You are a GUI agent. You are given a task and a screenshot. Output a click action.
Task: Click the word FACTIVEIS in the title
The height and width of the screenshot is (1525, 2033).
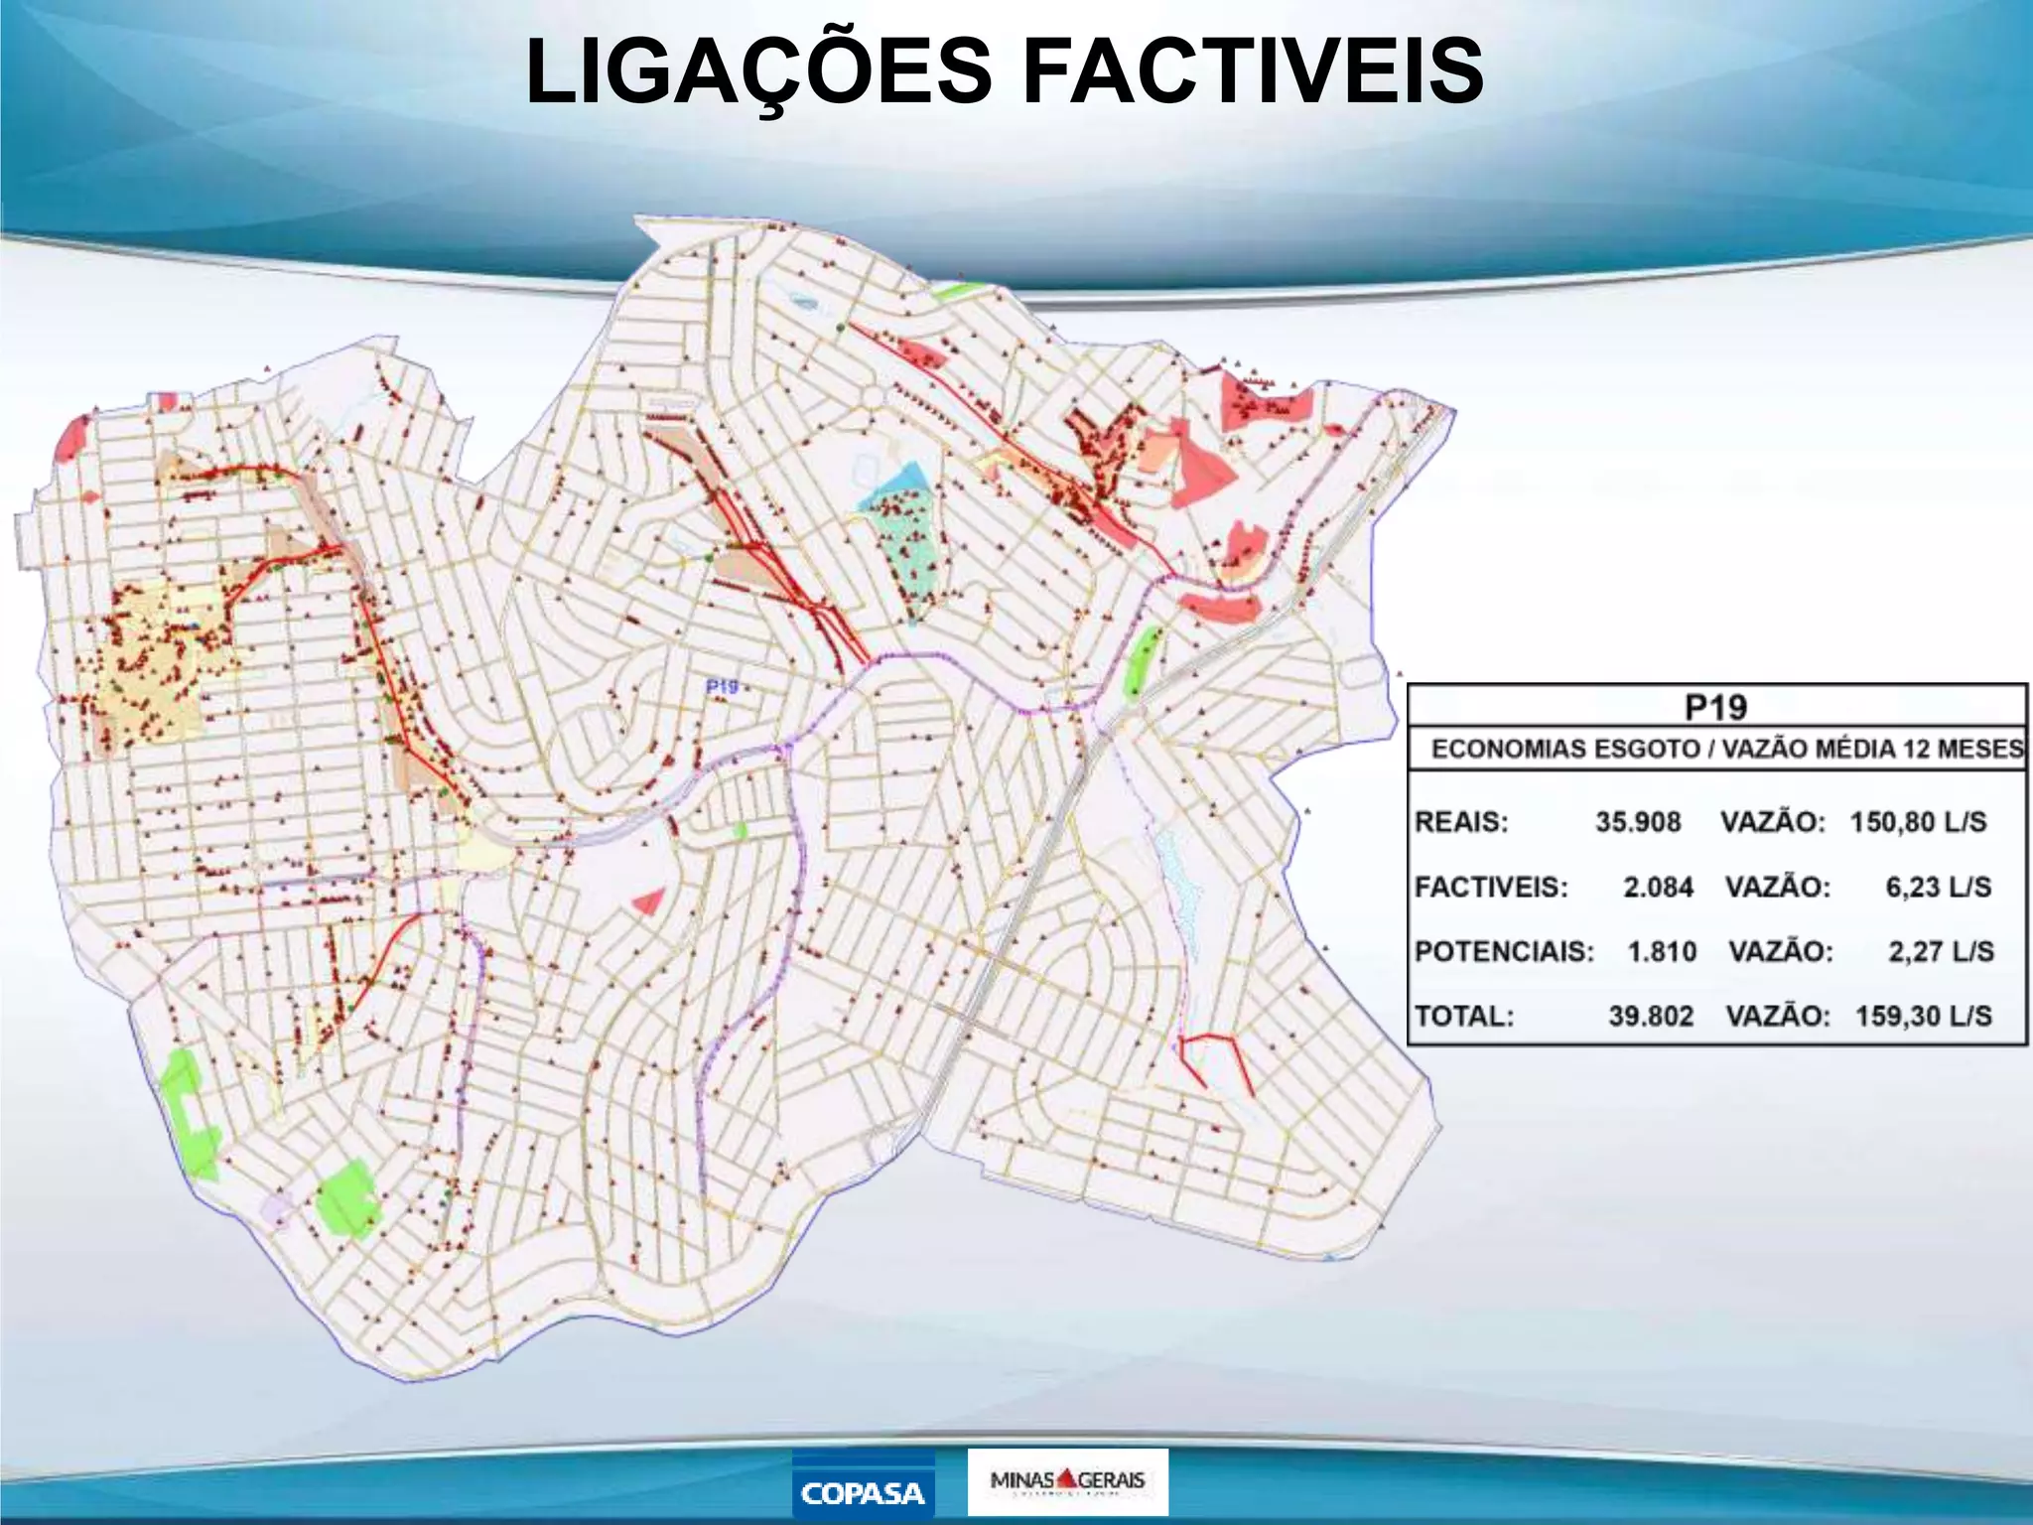click(1253, 71)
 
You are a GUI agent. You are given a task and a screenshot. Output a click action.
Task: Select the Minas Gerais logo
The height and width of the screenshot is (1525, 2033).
click(1067, 1481)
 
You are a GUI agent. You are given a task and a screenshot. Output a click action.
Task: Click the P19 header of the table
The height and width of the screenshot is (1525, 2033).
click(1715, 707)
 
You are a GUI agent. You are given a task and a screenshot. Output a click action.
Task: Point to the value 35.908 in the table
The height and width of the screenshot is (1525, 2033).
click(1638, 822)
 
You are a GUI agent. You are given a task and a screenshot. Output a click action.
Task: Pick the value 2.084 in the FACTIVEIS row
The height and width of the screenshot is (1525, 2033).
click(1658, 887)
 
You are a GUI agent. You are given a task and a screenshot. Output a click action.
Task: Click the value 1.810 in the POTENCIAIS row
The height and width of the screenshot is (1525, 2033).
click(1661, 951)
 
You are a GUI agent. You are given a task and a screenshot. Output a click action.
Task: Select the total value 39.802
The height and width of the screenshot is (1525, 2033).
click(1651, 1016)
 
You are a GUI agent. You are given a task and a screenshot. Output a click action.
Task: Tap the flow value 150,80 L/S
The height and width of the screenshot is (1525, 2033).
click(1918, 822)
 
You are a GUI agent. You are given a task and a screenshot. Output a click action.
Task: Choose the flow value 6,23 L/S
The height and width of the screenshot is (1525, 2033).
click(1938, 887)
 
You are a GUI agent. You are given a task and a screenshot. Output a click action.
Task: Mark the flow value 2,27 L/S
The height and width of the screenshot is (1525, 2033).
click(1941, 951)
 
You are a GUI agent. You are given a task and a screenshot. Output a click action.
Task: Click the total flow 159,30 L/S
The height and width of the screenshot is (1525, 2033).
click(1923, 1016)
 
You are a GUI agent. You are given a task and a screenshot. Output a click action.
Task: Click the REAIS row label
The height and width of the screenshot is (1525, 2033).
click(1460, 822)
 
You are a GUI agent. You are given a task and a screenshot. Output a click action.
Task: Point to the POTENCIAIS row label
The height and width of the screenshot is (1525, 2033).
click(1504, 951)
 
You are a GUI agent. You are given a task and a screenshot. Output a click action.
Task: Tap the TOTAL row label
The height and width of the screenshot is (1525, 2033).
click(1464, 1016)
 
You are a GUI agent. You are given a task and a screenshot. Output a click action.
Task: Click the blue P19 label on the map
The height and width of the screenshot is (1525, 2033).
click(722, 686)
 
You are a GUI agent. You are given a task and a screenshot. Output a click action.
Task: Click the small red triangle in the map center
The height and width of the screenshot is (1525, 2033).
click(649, 901)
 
